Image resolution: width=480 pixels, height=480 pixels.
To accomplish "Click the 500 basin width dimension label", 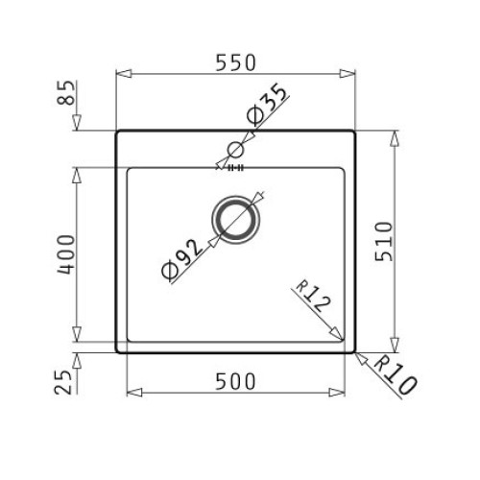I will tap(235, 381).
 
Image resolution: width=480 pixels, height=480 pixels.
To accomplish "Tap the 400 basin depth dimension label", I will tap(65, 254).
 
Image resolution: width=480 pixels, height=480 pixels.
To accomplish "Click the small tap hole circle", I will tap(234, 149).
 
